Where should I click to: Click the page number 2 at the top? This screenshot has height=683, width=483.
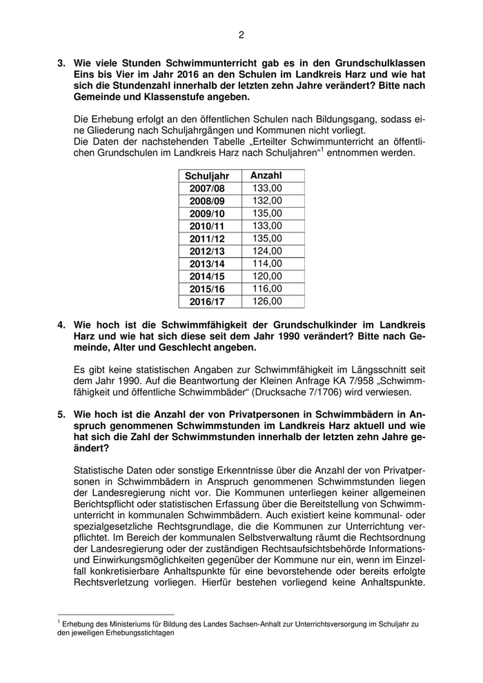(x=241, y=35)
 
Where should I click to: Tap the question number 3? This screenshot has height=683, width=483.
(x=61, y=63)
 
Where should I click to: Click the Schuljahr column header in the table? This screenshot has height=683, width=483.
(x=207, y=176)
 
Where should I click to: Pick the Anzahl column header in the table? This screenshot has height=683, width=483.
(x=266, y=176)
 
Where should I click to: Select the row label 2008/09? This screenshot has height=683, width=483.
(x=207, y=201)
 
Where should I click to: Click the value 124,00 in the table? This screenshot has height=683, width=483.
(x=267, y=250)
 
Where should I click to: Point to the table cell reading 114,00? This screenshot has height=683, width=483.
(x=267, y=264)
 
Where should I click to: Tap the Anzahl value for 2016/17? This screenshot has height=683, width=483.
(x=267, y=301)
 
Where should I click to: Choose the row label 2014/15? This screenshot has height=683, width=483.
(x=207, y=276)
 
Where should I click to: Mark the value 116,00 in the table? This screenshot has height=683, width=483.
(x=267, y=288)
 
